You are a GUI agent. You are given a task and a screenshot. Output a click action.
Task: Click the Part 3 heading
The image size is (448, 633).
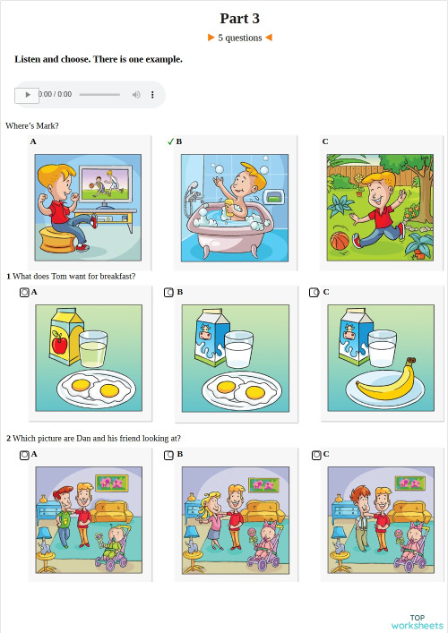[239, 18]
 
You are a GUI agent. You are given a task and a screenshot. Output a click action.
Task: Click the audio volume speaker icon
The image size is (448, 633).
[136, 94]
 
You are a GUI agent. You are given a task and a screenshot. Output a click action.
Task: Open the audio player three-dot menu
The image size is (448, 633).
[152, 94]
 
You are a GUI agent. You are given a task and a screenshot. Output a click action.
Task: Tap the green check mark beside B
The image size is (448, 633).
[170, 141]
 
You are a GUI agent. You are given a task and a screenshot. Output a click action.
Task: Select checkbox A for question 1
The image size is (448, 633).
[24, 292]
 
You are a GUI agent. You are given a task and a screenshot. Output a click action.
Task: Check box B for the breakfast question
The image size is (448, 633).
[168, 292]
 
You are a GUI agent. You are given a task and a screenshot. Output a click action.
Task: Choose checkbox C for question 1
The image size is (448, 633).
[314, 292]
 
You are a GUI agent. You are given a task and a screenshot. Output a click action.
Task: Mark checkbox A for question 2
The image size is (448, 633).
[24, 455]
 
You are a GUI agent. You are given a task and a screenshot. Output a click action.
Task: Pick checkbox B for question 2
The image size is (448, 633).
[168, 455]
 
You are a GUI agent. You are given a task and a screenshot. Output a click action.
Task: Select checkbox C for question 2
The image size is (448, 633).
[316, 455]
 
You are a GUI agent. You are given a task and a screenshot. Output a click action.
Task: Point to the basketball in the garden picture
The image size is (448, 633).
[339, 242]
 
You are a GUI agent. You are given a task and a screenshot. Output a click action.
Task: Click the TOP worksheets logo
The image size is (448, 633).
[417, 621]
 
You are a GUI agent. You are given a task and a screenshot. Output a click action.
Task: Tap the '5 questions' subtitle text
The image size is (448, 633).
[239, 38]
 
